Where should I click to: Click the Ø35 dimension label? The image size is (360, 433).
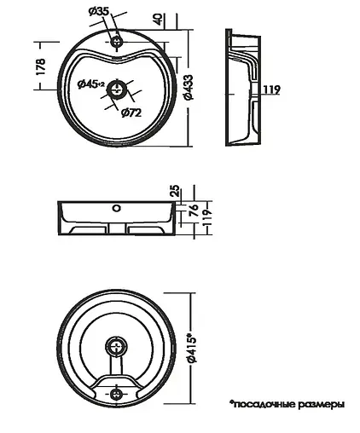99,12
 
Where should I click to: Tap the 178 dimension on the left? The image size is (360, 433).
41,66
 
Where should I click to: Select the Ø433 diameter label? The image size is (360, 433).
189,87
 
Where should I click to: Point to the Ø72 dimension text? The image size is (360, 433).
131,113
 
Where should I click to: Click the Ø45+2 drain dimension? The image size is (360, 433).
91,84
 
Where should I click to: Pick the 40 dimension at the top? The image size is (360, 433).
159,19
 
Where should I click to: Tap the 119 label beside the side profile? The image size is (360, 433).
272,89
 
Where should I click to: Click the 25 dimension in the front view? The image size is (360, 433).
176,191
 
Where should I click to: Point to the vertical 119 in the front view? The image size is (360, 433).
208,217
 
